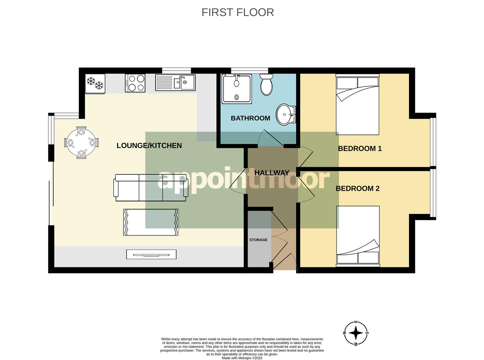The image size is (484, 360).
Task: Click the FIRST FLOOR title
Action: [238, 12]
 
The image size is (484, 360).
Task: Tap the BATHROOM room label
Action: [250, 118]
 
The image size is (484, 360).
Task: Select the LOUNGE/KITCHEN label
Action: [149, 145]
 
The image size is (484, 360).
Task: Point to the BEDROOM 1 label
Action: [360, 148]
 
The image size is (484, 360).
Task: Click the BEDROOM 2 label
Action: [357, 188]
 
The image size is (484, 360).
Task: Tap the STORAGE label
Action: [258, 240]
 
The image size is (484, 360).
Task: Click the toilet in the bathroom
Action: [266, 85]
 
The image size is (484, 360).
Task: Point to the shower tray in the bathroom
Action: [237, 88]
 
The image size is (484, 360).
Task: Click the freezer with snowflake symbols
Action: [95, 83]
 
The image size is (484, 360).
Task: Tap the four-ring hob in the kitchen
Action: [135, 83]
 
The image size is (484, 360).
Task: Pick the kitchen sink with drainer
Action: [175, 82]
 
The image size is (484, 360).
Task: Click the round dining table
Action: [81, 142]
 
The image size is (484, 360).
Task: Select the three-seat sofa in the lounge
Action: [151, 188]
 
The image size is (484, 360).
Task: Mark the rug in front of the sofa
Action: [151, 222]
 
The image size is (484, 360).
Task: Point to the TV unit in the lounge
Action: [151, 254]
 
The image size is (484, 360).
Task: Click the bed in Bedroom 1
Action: [357, 105]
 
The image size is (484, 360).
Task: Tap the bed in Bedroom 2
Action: [358, 236]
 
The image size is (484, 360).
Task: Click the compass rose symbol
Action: [356, 333]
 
